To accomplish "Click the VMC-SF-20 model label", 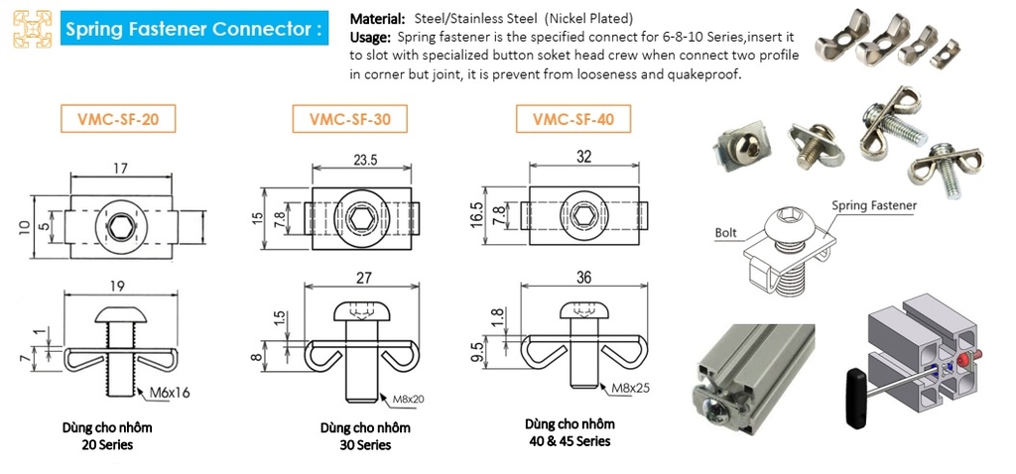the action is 118,119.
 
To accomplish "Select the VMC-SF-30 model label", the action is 350,119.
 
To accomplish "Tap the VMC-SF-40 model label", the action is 573,119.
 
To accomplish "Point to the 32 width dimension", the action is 583,158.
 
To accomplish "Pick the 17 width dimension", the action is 120,169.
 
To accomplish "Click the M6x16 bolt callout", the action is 170,393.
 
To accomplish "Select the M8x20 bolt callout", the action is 409,400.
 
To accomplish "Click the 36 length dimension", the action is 583,277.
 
